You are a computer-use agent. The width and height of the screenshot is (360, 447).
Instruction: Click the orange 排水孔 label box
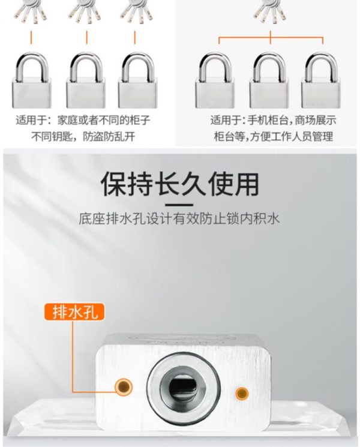tap(74, 312)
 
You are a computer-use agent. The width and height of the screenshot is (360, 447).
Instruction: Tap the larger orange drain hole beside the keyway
tap(124, 387)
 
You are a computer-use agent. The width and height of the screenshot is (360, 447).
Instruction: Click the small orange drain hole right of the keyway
tap(242, 394)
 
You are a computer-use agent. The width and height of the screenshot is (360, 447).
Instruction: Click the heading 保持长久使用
tap(180, 184)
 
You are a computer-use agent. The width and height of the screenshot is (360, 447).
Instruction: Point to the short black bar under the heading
tap(179, 205)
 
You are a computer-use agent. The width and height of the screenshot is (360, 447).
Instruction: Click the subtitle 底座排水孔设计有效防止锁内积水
tap(179, 219)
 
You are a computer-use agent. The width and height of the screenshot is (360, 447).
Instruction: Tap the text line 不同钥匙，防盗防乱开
tap(83, 137)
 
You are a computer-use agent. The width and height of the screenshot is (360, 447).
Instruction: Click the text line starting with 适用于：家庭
tap(83, 121)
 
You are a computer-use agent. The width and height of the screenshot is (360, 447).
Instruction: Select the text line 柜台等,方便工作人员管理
tap(274, 137)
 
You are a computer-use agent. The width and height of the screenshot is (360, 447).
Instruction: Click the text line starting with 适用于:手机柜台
tap(274, 121)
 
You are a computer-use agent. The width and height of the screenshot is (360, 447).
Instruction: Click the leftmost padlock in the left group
tap(31, 80)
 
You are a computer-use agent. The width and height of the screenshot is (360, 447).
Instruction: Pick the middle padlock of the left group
tap(86, 80)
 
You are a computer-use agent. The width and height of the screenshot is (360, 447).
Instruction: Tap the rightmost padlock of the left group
tap(137, 80)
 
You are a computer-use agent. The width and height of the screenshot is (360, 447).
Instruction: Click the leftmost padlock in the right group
tap(215, 80)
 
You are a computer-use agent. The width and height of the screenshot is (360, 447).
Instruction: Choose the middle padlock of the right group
tap(269, 80)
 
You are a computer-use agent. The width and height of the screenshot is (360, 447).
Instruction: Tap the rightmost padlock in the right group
tap(321, 80)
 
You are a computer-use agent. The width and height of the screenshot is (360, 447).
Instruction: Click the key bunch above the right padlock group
tap(269, 11)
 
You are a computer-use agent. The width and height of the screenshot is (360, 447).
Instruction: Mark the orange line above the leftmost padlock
tap(31, 37)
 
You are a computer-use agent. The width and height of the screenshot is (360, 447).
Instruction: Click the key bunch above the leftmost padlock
tap(31, 11)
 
